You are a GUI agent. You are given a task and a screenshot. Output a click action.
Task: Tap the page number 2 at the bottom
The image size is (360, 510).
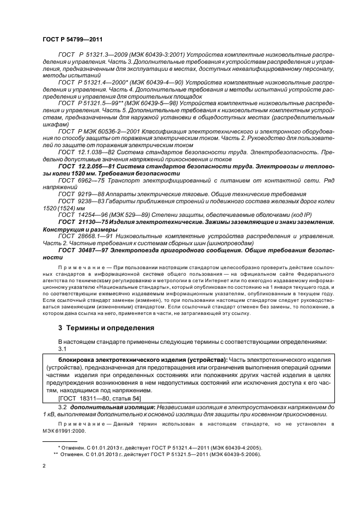(x=44, y=466)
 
